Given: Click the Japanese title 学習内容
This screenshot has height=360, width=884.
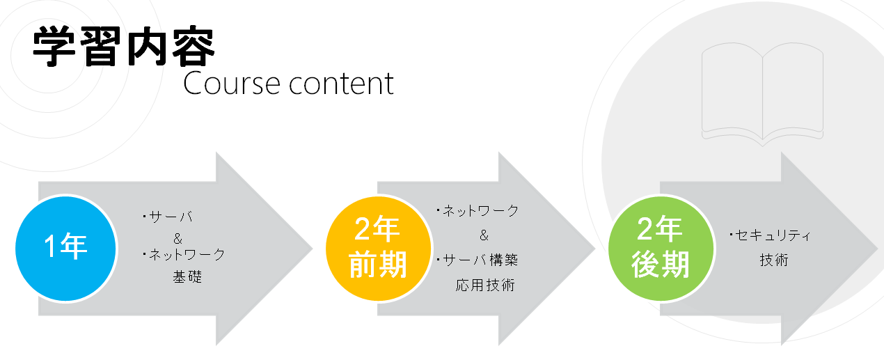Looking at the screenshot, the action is [x=123, y=47].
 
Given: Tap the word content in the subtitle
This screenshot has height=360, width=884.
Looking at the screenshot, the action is [x=341, y=84].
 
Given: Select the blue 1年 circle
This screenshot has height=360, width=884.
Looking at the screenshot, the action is [x=66, y=249].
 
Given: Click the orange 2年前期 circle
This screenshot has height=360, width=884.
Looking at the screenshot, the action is [x=378, y=249].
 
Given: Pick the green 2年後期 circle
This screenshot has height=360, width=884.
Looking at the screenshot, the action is [x=661, y=249].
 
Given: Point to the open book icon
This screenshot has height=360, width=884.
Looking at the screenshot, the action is [x=762, y=94].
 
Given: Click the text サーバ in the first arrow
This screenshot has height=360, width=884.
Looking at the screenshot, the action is [x=171, y=217].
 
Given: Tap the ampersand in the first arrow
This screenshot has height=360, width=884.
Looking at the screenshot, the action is [x=177, y=238].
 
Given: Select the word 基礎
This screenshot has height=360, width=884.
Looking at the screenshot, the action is [x=187, y=276].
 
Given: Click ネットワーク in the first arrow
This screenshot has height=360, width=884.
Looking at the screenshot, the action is [x=187, y=255].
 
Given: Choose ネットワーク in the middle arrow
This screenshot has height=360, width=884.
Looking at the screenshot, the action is [x=481, y=211].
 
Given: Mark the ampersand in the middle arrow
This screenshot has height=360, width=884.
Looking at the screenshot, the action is [x=484, y=235].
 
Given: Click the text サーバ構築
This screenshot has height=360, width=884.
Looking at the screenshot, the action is [x=480, y=260].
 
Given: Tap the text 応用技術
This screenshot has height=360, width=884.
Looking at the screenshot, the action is [x=485, y=285].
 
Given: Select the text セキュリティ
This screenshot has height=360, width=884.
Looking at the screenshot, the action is [x=773, y=235].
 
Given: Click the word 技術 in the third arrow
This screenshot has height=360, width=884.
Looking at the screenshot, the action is [x=774, y=260].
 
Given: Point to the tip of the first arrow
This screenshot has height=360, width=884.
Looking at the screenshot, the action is [x=313, y=249].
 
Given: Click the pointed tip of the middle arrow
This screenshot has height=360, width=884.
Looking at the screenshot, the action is [x=595, y=249].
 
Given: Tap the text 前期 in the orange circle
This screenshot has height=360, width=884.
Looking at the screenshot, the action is [x=378, y=265].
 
